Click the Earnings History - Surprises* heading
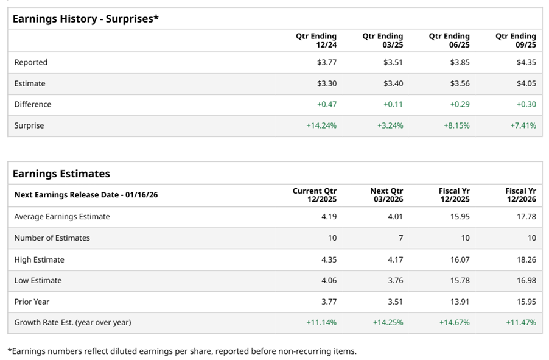point(85,19)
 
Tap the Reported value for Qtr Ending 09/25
point(526,62)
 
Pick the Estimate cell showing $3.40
point(393,83)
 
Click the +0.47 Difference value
point(327,104)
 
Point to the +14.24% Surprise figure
point(322,125)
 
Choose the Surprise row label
point(29,125)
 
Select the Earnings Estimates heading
point(61,174)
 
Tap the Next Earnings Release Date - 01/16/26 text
point(86,195)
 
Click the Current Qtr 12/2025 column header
point(315,195)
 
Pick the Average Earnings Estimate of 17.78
point(526,216)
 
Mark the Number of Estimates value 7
point(400,238)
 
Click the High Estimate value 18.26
point(526,259)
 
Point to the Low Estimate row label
point(38,280)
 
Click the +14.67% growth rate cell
point(455,322)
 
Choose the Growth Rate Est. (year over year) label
point(72,322)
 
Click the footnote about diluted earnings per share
point(182,351)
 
